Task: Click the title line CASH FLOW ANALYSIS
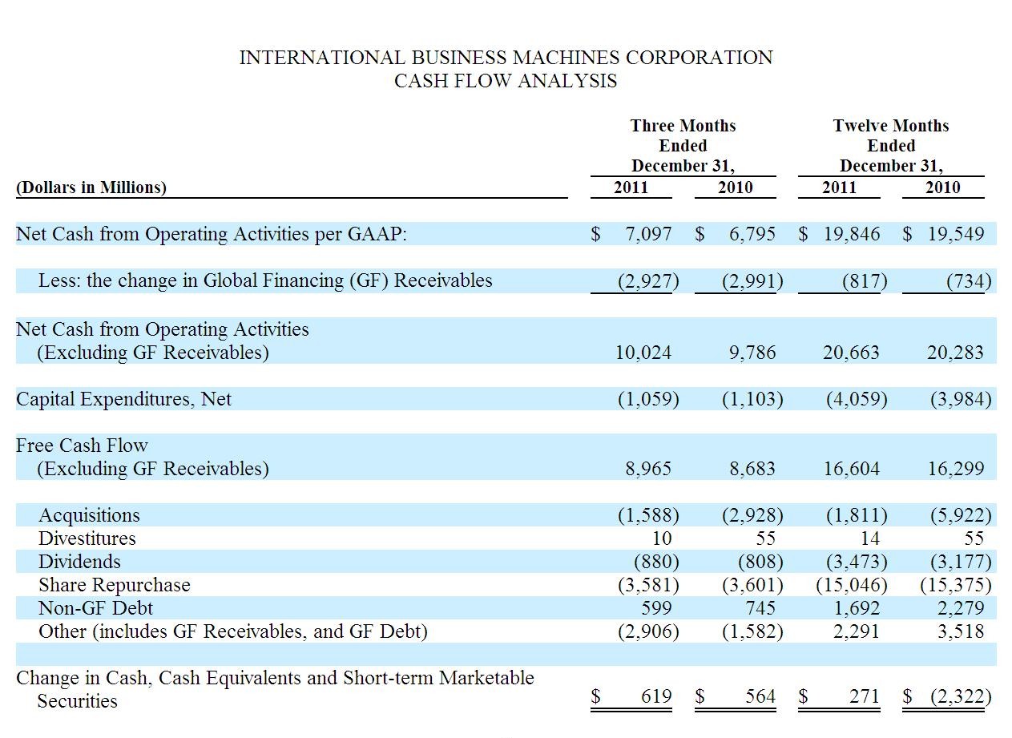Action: pyautogui.click(x=506, y=81)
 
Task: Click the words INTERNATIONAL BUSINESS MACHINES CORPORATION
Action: pyautogui.click(x=506, y=58)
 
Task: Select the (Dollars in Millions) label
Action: pyautogui.click(x=91, y=187)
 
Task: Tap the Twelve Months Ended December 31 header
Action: pyautogui.click(x=891, y=146)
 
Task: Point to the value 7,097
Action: pyautogui.click(x=648, y=234)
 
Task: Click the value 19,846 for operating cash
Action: pyautogui.click(x=852, y=234)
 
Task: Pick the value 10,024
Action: pyautogui.click(x=643, y=352)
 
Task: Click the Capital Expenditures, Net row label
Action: pyautogui.click(x=123, y=399)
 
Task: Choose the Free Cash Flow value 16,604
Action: pyautogui.click(x=852, y=468)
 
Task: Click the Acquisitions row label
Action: pyautogui.click(x=89, y=515)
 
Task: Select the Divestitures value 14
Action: pyautogui.click(x=870, y=538)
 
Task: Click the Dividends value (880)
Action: pyautogui.click(x=656, y=561)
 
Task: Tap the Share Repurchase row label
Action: pyautogui.click(x=115, y=585)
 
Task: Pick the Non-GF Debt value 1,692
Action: pyautogui.click(x=857, y=608)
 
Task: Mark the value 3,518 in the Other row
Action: pyautogui.click(x=961, y=631)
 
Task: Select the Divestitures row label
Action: pyautogui.click(x=87, y=538)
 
